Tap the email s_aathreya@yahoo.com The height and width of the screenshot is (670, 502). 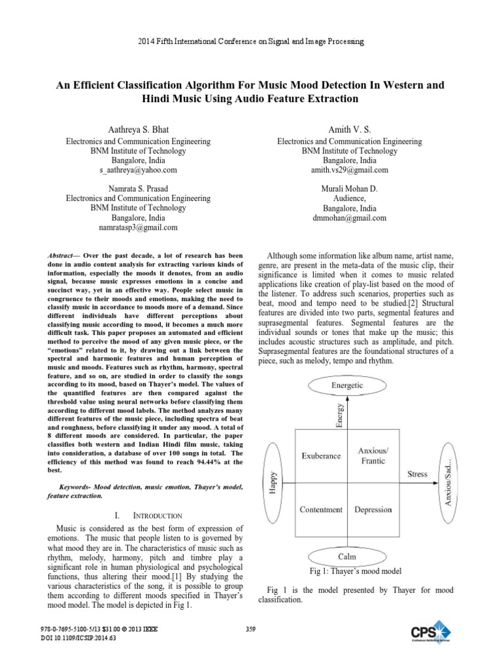click(138, 170)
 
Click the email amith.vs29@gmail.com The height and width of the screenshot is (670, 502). click(350, 170)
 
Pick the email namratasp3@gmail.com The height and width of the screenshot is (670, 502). click(138, 228)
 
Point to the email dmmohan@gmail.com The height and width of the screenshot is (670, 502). click(350, 218)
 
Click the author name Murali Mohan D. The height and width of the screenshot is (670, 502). click(350, 188)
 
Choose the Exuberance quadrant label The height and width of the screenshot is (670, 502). click(320, 455)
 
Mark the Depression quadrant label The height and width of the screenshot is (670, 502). click(373, 510)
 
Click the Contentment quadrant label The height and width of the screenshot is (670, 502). click(320, 510)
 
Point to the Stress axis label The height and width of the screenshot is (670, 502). click(418, 473)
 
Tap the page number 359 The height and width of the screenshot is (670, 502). click(250, 629)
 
